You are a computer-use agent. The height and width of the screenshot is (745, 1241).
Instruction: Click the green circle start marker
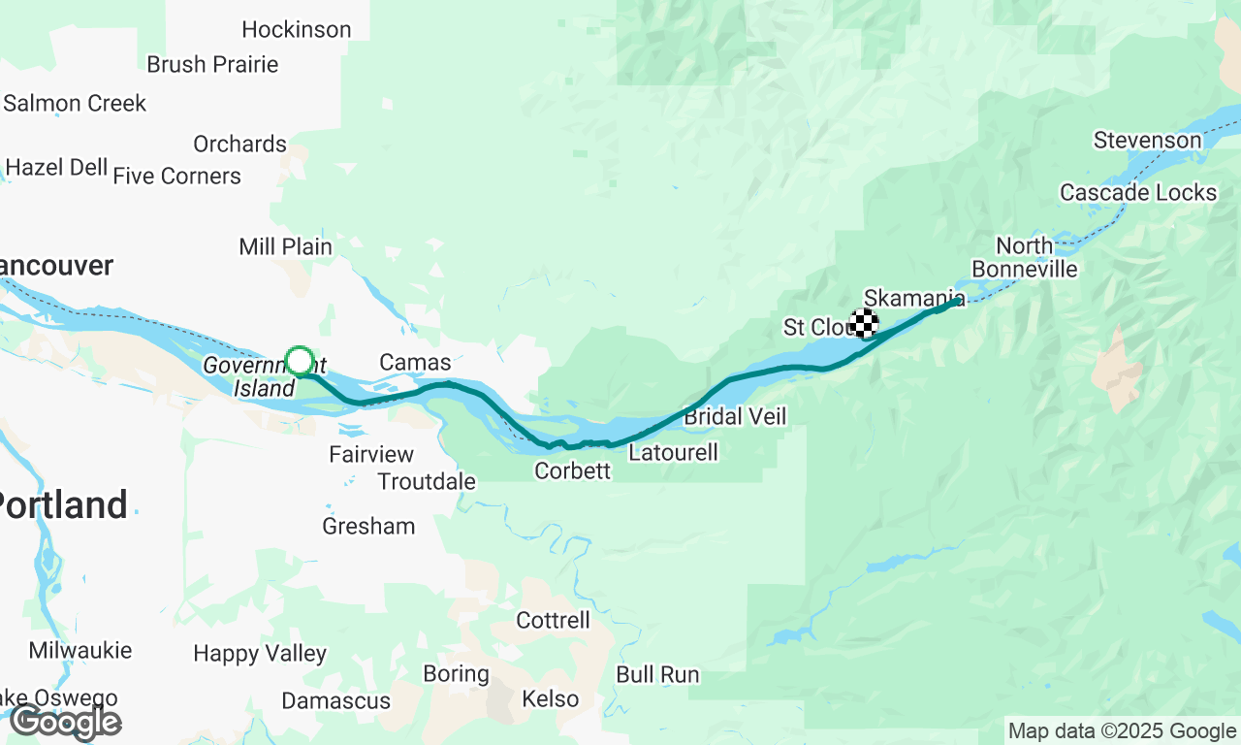(300, 361)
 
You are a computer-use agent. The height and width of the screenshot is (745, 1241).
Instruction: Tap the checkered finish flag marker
(864, 323)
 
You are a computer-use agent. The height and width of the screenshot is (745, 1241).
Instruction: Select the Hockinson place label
(297, 30)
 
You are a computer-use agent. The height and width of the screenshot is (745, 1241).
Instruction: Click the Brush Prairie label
(212, 65)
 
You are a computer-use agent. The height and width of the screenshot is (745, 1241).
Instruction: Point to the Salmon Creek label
(75, 104)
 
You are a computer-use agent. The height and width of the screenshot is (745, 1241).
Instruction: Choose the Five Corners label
(176, 177)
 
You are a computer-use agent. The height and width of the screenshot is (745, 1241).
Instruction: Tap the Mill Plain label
(285, 247)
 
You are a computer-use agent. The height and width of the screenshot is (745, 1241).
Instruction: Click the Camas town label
(415, 363)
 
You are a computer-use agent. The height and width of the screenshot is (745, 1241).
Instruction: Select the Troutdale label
(427, 482)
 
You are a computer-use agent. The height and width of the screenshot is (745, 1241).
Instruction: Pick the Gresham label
(368, 527)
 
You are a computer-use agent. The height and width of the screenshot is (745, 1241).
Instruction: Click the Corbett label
(573, 471)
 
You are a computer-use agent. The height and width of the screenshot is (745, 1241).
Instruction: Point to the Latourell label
(674, 453)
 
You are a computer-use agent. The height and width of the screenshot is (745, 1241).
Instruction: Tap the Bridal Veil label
(735, 417)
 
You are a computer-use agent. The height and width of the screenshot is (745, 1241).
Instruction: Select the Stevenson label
(1147, 141)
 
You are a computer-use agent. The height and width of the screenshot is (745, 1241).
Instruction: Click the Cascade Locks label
(1138, 193)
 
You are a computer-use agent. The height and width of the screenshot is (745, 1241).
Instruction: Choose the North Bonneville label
(1025, 257)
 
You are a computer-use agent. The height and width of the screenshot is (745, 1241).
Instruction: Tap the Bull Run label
(657, 675)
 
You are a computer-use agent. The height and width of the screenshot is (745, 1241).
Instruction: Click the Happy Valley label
(260, 654)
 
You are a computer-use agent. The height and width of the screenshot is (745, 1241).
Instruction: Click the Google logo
(66, 723)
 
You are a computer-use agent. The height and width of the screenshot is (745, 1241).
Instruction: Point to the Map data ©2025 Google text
(1122, 731)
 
